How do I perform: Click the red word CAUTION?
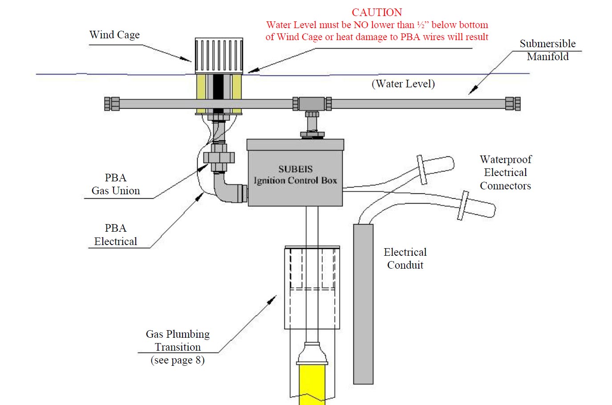(x=377, y=12)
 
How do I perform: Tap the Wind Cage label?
(x=114, y=35)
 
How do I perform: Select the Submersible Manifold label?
(x=547, y=50)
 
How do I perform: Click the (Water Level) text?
(x=403, y=84)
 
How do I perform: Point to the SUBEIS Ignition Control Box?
(x=295, y=175)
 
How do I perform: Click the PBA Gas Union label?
(x=116, y=184)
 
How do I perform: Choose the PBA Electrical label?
(x=116, y=235)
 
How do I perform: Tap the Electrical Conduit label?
(x=405, y=258)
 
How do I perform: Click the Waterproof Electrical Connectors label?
(x=506, y=172)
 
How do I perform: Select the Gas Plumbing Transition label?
(x=178, y=340)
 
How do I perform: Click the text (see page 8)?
(x=178, y=360)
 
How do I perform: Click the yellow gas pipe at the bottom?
(x=312, y=383)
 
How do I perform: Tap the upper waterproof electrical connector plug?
(x=436, y=167)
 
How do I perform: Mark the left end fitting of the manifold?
(x=112, y=104)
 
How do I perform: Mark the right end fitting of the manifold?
(x=513, y=104)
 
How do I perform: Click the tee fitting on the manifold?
(x=312, y=104)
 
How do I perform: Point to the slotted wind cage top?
(x=219, y=55)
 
